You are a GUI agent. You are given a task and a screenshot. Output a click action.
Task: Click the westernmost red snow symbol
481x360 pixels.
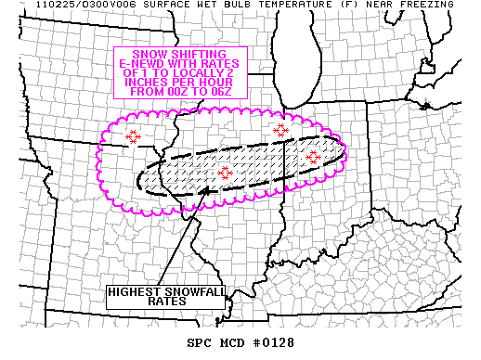click(134, 136)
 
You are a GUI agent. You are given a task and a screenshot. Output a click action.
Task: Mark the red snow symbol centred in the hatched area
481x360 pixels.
click(225, 172)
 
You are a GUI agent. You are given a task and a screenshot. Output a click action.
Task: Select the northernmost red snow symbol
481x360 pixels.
click(281, 130)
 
